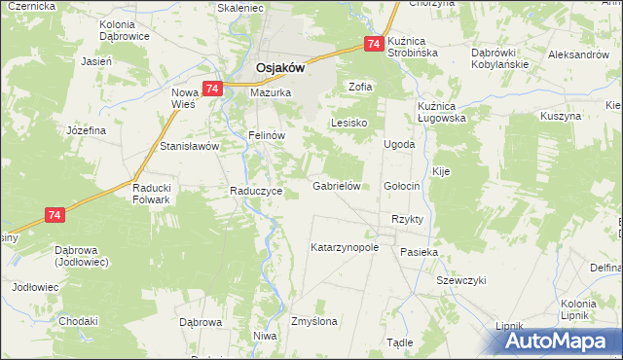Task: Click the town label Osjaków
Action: click(x=280, y=67)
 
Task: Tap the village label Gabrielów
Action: click(x=337, y=185)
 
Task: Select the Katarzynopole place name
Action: click(x=344, y=247)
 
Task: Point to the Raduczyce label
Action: click(x=256, y=192)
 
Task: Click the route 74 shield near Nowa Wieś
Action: click(x=212, y=88)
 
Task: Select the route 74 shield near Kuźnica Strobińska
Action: click(x=374, y=44)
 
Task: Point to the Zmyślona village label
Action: click(x=314, y=320)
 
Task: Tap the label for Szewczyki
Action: click(x=460, y=280)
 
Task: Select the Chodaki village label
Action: click(x=78, y=321)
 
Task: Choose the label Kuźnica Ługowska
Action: click(x=442, y=111)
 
